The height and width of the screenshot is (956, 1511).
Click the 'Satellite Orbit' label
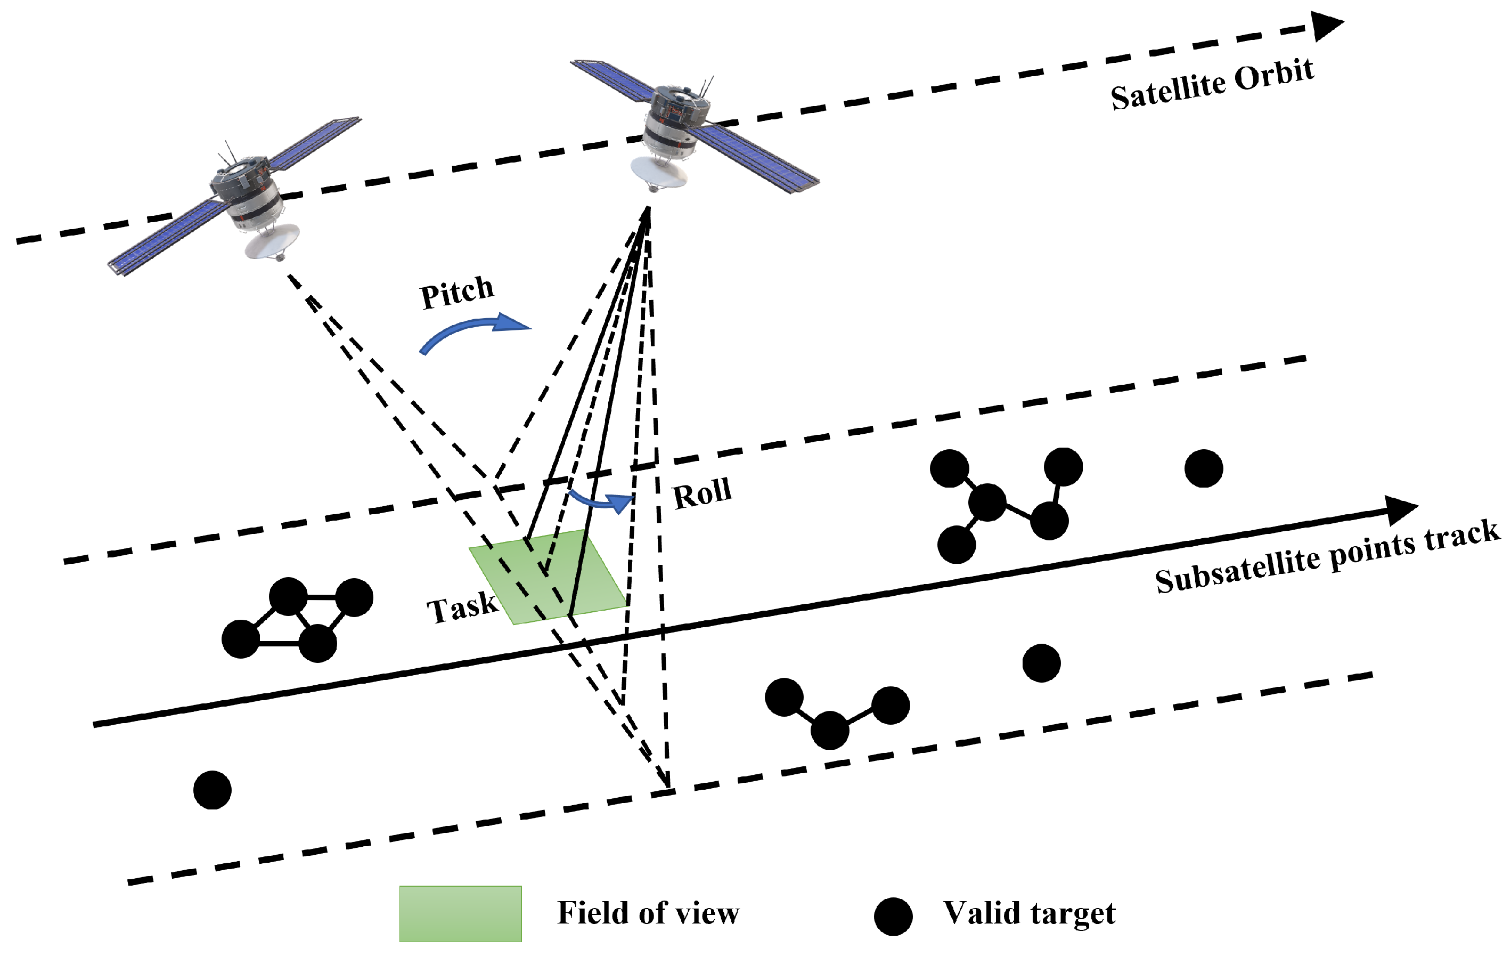pyautogui.click(x=1212, y=85)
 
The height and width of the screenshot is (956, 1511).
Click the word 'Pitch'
pyautogui.click(x=457, y=292)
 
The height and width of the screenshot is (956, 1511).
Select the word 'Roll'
pyautogui.click(x=702, y=493)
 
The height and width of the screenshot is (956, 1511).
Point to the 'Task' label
pyautogui.click(x=462, y=607)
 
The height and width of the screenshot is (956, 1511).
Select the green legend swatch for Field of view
pyautogui.click(x=460, y=913)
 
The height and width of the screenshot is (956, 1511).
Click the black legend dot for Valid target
pyautogui.click(x=893, y=917)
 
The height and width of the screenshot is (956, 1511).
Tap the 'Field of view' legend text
pyautogui.click(x=648, y=913)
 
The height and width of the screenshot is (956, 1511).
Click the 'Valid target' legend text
pyautogui.click(x=1029, y=913)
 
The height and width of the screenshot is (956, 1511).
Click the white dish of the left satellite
pyautogui.click(x=272, y=242)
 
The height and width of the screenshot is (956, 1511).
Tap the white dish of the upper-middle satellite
pyautogui.click(x=658, y=172)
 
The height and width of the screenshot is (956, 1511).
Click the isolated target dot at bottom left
pyautogui.click(x=213, y=790)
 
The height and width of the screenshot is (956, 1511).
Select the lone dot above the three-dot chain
pyautogui.click(x=1042, y=663)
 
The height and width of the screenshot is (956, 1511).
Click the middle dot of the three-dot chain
pyautogui.click(x=830, y=730)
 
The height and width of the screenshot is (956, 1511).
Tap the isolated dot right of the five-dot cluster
pyautogui.click(x=1204, y=468)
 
